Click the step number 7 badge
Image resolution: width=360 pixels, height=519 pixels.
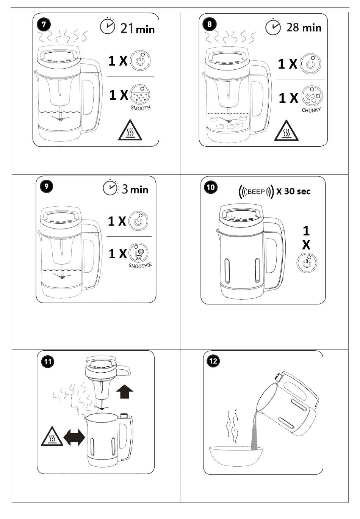(44, 25)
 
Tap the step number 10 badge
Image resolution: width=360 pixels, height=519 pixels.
(211, 187)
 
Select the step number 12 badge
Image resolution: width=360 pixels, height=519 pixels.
(213, 361)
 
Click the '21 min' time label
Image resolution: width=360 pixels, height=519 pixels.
(138, 29)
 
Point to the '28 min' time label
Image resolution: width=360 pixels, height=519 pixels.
(304, 28)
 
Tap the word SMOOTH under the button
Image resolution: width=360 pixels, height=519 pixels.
(141, 108)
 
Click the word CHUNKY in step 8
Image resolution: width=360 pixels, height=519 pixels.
(311, 110)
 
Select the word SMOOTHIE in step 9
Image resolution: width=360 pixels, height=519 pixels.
(140, 265)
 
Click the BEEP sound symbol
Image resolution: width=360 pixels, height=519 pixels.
(256, 191)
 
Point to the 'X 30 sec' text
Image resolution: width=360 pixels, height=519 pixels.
(293, 191)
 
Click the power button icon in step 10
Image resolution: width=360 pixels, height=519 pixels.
(307, 263)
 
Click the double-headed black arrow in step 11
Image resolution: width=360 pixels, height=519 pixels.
(74, 437)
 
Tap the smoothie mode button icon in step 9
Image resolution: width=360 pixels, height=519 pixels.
(138, 253)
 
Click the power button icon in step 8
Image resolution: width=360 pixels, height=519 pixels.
(310, 64)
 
